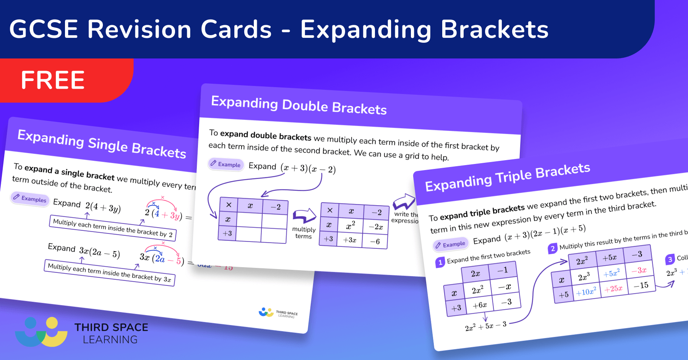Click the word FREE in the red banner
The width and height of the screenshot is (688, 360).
pos(53,80)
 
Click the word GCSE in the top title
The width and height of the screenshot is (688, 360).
pos(44,29)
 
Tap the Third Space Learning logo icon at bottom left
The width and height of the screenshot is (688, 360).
pos(41,332)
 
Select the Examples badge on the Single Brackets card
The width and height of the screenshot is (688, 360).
pos(30,198)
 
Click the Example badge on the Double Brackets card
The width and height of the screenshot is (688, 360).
pos(226,164)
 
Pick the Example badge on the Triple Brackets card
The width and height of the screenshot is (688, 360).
pos(450,245)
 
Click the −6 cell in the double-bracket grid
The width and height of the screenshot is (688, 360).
pos(375,242)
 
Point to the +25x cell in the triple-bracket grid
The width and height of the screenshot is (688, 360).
pos(613,289)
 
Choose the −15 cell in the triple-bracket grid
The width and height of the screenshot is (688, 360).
pos(641,285)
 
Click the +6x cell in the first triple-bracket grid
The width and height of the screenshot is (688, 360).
pos(479,305)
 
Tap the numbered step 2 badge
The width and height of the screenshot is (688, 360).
pos(553,249)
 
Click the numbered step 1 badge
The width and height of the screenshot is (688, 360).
pos(440,262)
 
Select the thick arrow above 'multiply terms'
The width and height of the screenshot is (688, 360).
pos(304,216)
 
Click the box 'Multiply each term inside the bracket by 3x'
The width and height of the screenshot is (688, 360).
pos(109,273)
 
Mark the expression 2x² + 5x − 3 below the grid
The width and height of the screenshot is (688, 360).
pos(485,326)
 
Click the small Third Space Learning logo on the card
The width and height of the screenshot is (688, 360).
pos(278,313)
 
